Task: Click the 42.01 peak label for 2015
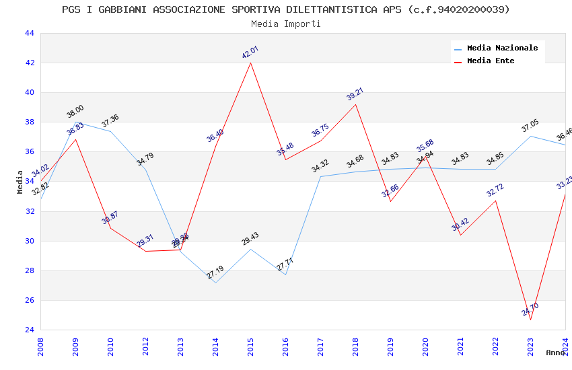[x=250, y=52]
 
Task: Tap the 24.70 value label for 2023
[x=530, y=309]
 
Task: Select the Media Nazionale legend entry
[x=502, y=48]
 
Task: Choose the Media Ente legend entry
[x=491, y=61]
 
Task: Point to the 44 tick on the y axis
[x=30, y=33]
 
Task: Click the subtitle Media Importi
[x=286, y=24]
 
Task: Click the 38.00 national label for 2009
[x=75, y=112]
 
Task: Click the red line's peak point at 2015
[x=250, y=63]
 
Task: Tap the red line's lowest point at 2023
[x=530, y=320]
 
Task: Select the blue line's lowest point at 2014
[x=215, y=283]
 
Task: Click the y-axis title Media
[x=20, y=182]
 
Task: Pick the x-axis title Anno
[x=555, y=352]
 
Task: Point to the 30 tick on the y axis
[x=30, y=241]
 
